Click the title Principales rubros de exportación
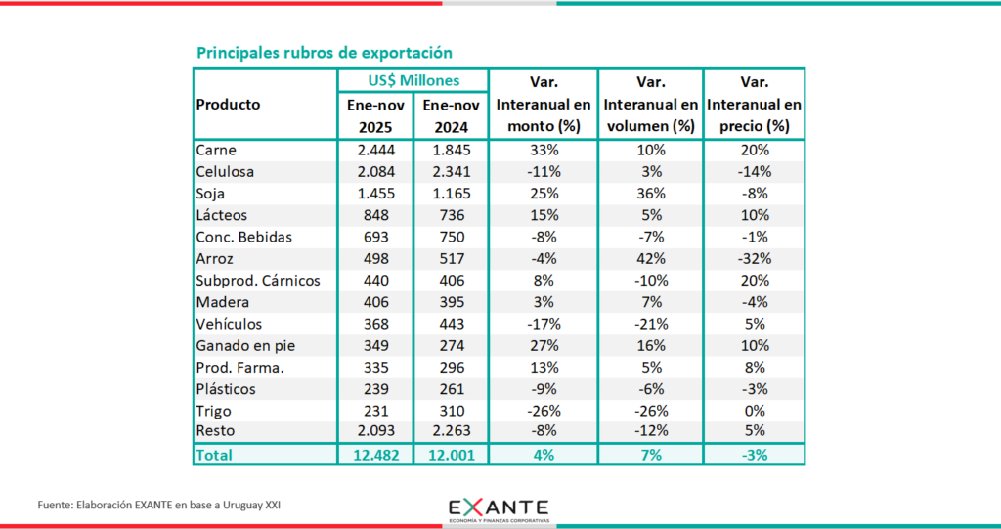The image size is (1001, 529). (x=324, y=52)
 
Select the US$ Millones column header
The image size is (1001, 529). (x=413, y=80)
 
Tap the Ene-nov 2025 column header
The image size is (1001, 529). (x=375, y=115)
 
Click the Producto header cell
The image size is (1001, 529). (x=229, y=104)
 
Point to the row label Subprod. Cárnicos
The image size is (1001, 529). (x=254, y=280)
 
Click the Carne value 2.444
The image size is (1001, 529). (x=375, y=151)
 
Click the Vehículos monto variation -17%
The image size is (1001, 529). (x=544, y=323)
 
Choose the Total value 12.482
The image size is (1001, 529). (x=375, y=455)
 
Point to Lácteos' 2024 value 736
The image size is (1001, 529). (x=450, y=215)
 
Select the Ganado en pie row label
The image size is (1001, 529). (x=244, y=344)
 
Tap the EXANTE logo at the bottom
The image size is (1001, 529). (x=499, y=509)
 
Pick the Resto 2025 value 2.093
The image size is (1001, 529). (x=375, y=430)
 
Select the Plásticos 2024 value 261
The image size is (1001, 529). (x=450, y=387)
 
